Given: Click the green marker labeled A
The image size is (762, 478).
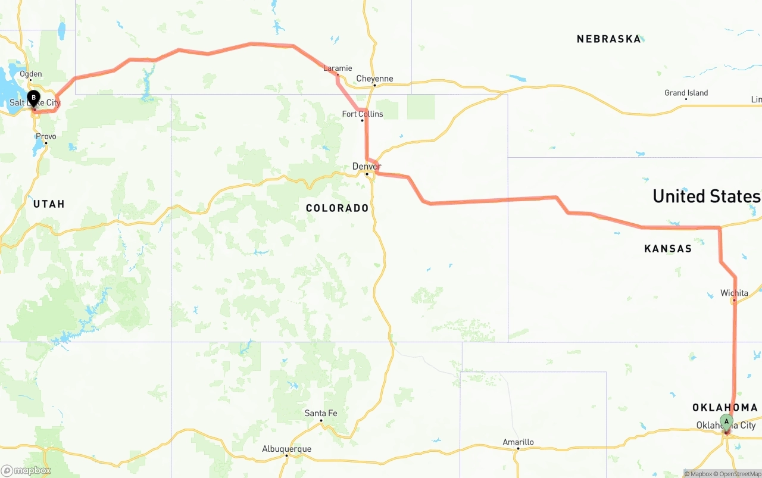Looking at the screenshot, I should pos(726,422).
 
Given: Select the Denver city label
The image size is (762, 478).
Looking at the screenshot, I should pos(367,166).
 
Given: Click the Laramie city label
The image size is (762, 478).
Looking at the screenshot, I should pos(338,68).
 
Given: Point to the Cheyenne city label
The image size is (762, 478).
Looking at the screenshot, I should pos(374,79).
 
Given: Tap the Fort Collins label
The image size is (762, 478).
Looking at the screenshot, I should pos(363,114).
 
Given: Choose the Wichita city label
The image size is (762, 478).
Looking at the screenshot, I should pos(734,293).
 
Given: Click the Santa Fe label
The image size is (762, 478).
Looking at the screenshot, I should pos(321,413).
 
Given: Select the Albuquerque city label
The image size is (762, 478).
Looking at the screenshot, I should pos(287,449).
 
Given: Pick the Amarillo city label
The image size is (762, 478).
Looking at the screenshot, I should pos(518,442).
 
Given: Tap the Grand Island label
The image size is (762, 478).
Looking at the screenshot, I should pos(686,93).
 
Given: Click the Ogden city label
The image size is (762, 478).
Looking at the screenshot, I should pos(31,74).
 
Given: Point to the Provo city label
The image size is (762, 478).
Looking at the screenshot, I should pos(46,136).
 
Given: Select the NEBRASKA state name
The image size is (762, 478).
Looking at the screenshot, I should pos(609,39).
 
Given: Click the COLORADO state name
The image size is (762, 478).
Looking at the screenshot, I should pos(338,208).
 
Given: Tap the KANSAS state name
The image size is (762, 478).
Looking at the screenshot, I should pos(668,249).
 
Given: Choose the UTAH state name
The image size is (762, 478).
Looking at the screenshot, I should pos(49,204).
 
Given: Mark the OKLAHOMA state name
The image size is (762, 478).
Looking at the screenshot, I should pos(725,408).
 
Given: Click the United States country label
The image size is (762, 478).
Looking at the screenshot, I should pos(707,196).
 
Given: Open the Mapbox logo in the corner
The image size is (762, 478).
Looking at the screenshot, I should pos(26,471).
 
